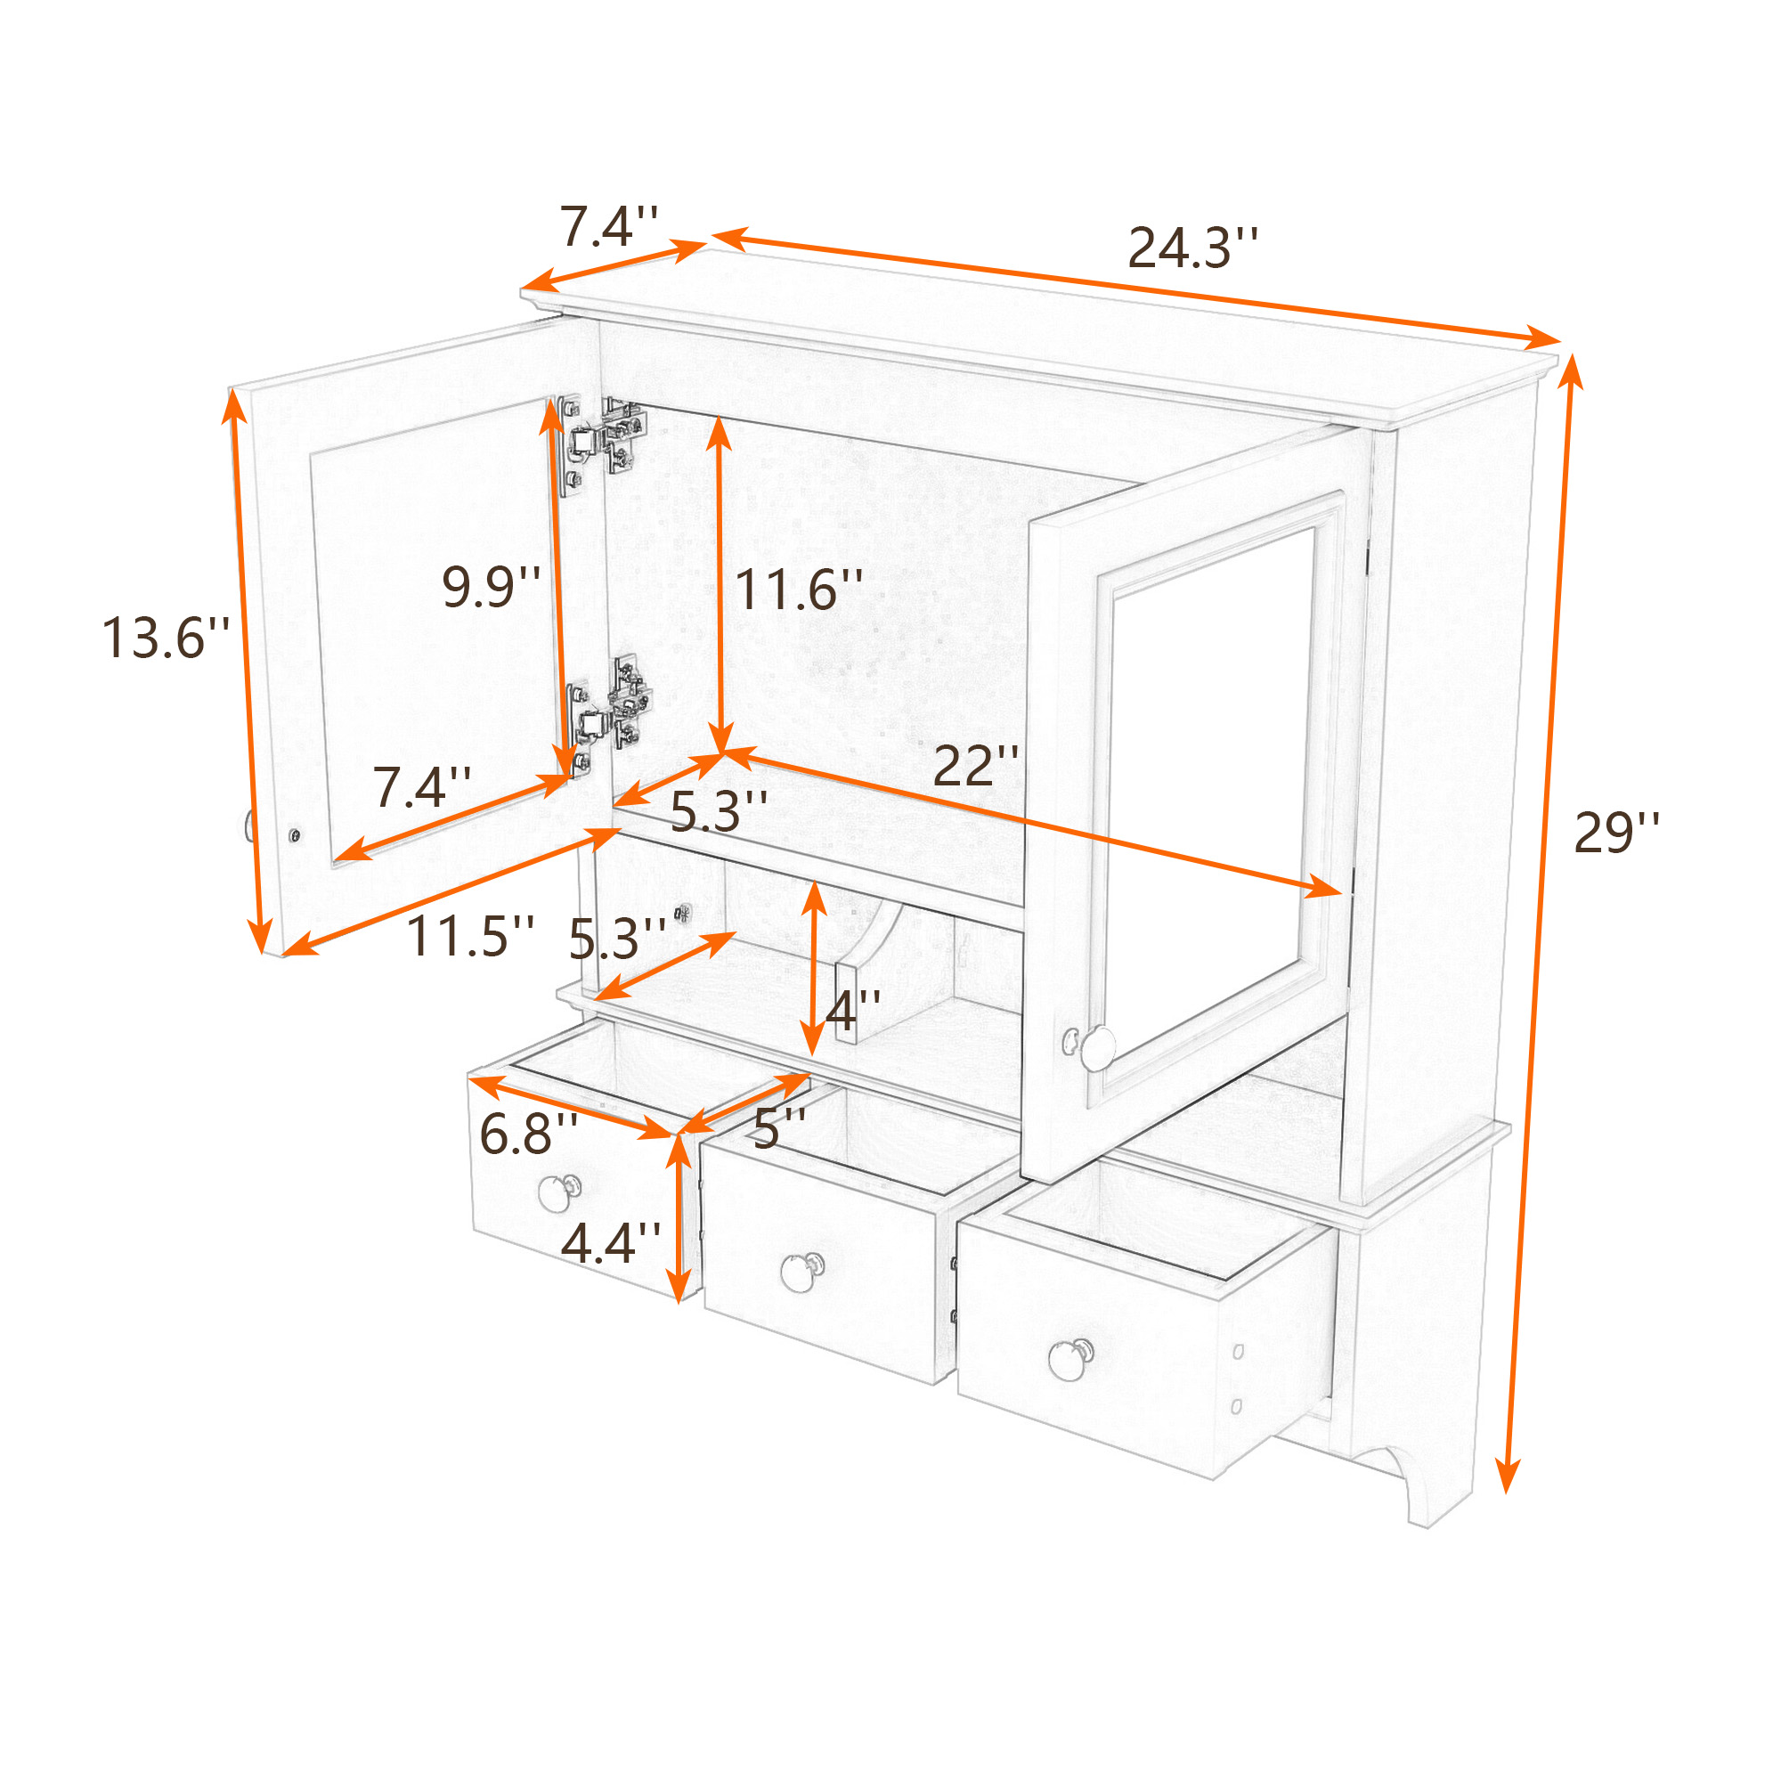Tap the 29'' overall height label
pyautogui.click(x=1616, y=833)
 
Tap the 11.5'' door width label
pyautogui.click(x=470, y=936)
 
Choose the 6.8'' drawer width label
pyautogui.click(x=528, y=1133)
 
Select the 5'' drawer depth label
pyautogui.click(x=780, y=1127)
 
